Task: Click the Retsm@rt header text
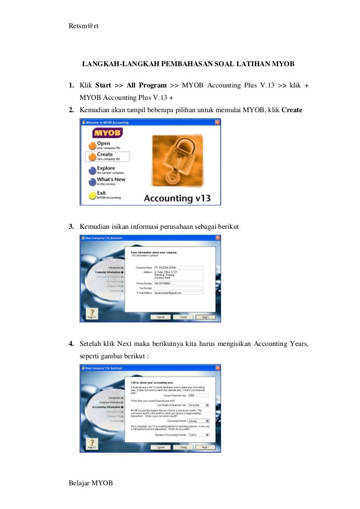tap(84, 26)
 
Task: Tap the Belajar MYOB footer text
tap(91, 482)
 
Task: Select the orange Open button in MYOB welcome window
tap(91, 145)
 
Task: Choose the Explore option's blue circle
tap(91, 170)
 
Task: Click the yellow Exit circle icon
tap(91, 195)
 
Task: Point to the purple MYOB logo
tap(107, 133)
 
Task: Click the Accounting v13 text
tap(177, 198)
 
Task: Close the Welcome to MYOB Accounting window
tap(217, 122)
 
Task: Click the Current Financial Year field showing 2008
tap(198, 395)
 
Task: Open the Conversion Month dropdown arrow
tap(207, 421)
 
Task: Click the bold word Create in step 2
tap(292, 110)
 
